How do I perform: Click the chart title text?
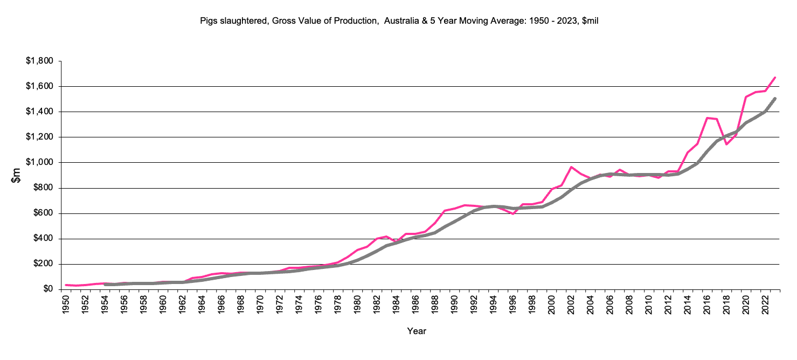tap(399, 20)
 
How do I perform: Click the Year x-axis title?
tap(417, 331)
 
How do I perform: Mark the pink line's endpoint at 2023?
tap(775, 78)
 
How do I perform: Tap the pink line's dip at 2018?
tap(726, 144)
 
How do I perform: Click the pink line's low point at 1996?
tap(513, 214)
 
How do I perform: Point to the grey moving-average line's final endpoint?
tap(775, 99)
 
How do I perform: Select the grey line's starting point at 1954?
tap(105, 284)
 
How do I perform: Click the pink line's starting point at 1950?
tap(66, 285)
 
